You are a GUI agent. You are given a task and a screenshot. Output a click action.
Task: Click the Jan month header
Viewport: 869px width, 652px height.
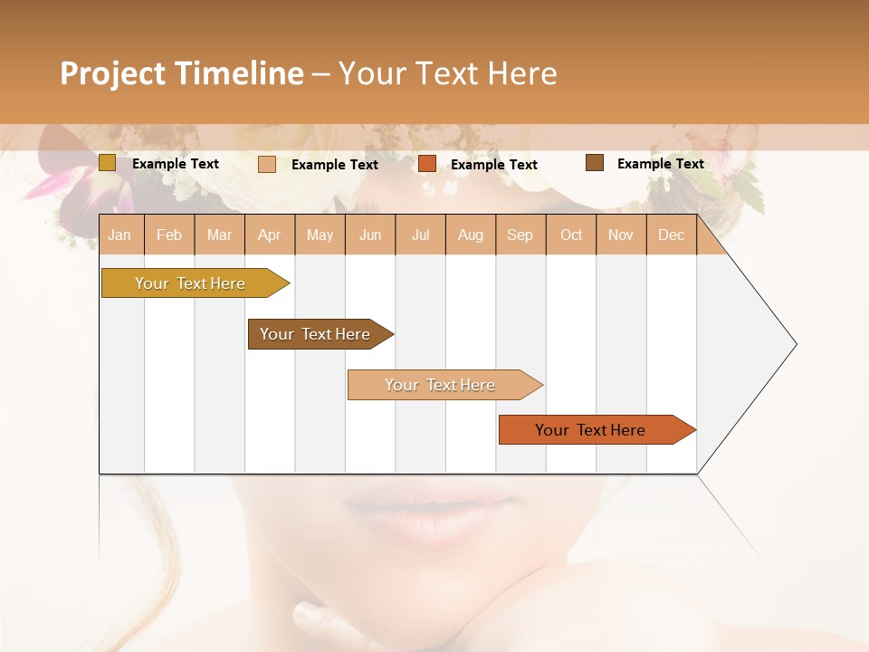120,235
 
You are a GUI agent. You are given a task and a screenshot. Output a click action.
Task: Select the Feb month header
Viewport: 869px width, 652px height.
169,235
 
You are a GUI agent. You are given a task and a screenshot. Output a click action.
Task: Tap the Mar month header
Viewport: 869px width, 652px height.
219,235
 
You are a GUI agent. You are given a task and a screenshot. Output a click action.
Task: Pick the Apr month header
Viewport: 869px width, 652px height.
270,235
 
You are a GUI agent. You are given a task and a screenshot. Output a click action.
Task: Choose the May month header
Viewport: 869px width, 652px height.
320,235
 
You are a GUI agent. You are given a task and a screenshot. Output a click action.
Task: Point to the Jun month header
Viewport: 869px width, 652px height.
370,235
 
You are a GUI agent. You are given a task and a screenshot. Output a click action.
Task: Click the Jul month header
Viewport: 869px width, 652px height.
420,235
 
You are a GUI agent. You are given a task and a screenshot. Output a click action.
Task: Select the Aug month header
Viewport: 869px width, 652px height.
471,235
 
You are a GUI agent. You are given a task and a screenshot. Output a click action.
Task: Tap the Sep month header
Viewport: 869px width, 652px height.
520,235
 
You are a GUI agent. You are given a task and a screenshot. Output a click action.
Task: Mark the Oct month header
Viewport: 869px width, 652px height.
571,235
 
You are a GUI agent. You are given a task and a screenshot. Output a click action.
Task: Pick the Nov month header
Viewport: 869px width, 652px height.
621,235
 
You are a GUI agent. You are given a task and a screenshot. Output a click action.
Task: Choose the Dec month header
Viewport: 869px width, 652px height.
672,235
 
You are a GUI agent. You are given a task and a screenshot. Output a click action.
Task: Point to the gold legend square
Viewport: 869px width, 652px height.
108,163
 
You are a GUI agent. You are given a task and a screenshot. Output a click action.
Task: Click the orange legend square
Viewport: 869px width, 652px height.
427,164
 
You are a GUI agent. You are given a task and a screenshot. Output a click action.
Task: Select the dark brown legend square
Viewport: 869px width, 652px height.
594,163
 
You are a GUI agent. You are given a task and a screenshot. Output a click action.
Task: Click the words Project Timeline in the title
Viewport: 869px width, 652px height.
182,73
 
